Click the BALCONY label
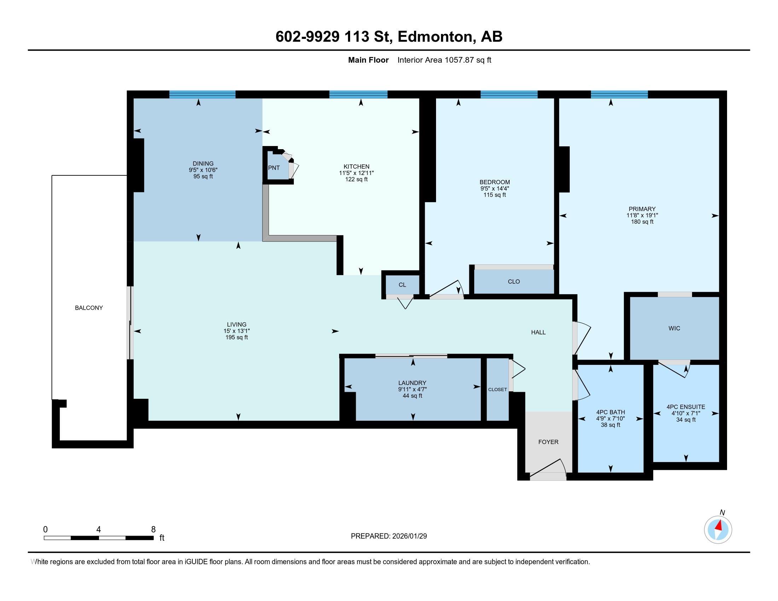pyautogui.click(x=89, y=308)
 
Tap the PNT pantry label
pyautogui.click(x=274, y=168)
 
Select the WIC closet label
pyautogui.click(x=674, y=328)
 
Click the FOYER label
pyautogui.click(x=548, y=442)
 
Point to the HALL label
pyautogui.click(x=538, y=332)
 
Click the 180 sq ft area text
pyautogui.click(x=642, y=222)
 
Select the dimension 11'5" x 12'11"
pyautogui.click(x=356, y=173)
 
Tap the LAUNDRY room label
pyautogui.click(x=412, y=383)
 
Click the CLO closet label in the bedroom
pyautogui.click(x=513, y=281)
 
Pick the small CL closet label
pyautogui.click(x=402, y=285)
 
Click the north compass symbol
pyautogui.click(x=718, y=530)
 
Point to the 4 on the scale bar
pyautogui.click(x=98, y=530)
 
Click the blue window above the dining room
pyautogui.click(x=202, y=94)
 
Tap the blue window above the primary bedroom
pyautogui.click(x=619, y=94)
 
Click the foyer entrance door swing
pyautogui.click(x=548, y=468)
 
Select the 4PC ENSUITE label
pyautogui.click(x=685, y=407)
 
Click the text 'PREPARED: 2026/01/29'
pyautogui.click(x=389, y=536)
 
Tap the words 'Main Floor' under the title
pyautogui.click(x=368, y=60)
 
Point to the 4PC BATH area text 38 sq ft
pyautogui.click(x=610, y=425)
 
